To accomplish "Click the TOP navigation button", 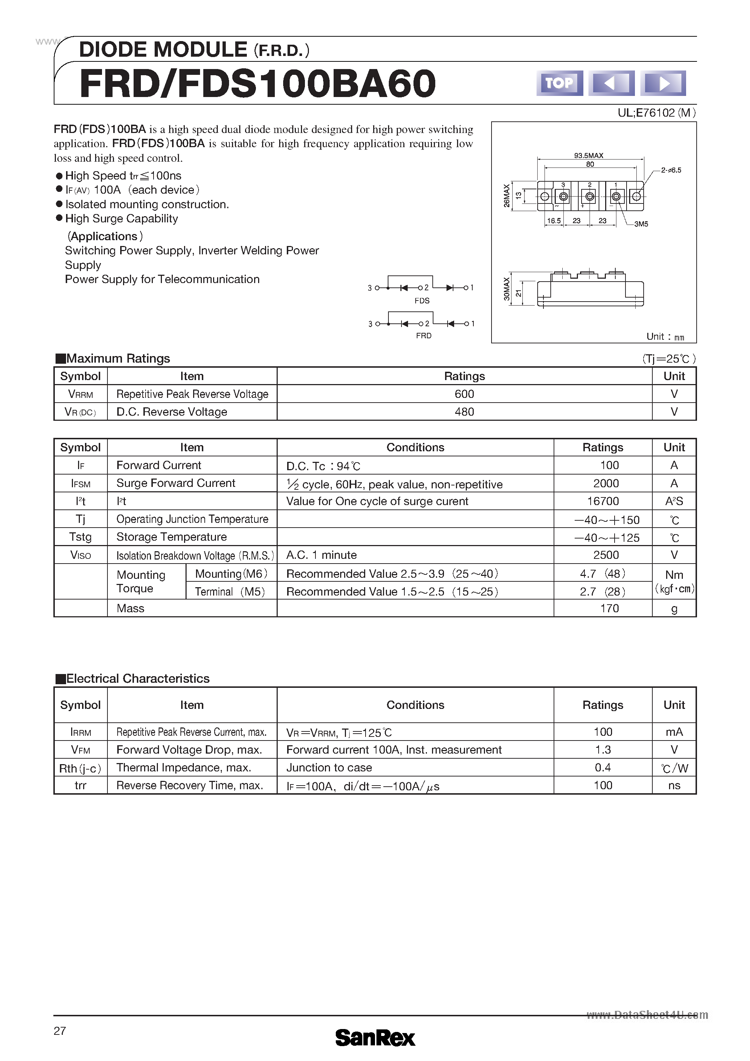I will pyautogui.click(x=559, y=83).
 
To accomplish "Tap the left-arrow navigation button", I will pyautogui.click(x=611, y=83).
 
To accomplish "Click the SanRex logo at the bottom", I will pyautogui.click(x=375, y=1037).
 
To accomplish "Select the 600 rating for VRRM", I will pyautogui.click(x=464, y=394).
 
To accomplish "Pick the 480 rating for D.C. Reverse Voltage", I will pyautogui.click(x=464, y=412).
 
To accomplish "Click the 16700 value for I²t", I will pyautogui.click(x=603, y=501).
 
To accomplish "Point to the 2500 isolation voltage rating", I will pyautogui.click(x=606, y=555).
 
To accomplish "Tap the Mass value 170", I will pyautogui.click(x=609, y=609).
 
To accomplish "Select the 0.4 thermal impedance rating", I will pyautogui.click(x=603, y=767).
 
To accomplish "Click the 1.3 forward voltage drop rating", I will pyautogui.click(x=603, y=750).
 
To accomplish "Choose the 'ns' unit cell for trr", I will pyautogui.click(x=674, y=786).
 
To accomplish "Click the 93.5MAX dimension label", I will pyautogui.click(x=588, y=156).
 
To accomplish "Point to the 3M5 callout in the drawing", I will pyautogui.click(x=641, y=224).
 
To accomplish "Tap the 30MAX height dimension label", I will pyautogui.click(x=507, y=289).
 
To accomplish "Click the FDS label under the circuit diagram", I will pyautogui.click(x=421, y=301).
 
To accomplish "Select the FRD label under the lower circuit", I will pyautogui.click(x=424, y=336).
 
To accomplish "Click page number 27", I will pyautogui.click(x=60, y=1031).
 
